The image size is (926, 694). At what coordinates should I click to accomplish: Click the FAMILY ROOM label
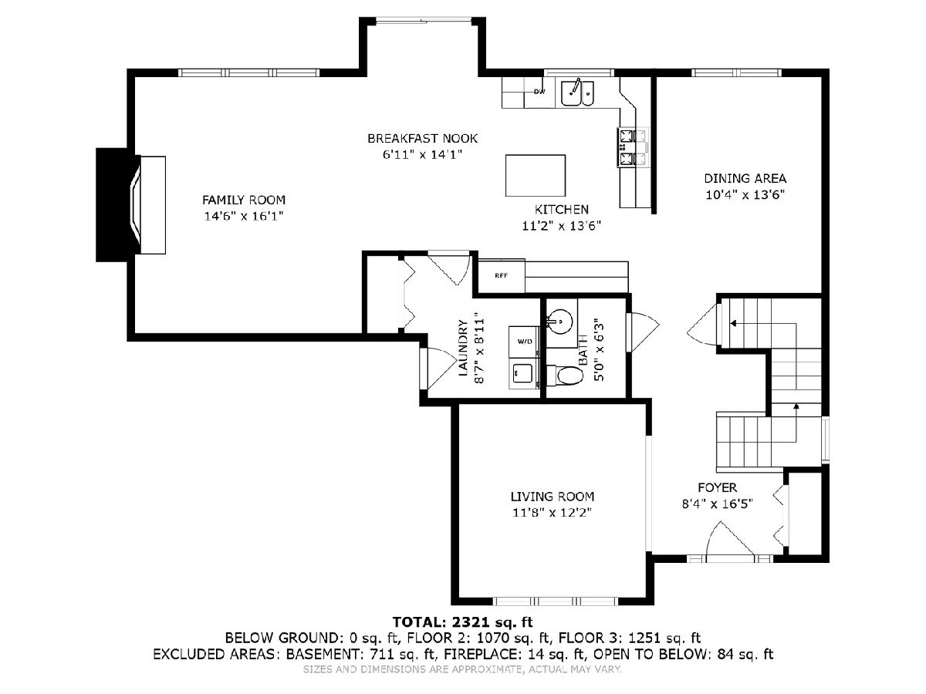coord(243,200)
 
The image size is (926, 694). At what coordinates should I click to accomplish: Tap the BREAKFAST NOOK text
coord(422,138)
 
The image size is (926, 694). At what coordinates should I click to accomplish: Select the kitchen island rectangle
coord(536,175)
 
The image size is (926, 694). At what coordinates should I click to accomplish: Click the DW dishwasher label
coord(539,92)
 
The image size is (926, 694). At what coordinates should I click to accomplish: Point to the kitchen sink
coord(577,93)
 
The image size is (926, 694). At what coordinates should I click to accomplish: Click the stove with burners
coord(632,147)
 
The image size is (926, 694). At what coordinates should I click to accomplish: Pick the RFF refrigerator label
coord(501,275)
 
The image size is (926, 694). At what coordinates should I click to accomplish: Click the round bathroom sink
coord(559,322)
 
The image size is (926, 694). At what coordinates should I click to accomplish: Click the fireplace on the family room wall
coord(130,205)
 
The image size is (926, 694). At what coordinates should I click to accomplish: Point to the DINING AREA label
coord(745,179)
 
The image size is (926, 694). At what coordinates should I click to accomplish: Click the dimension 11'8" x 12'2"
coord(553,512)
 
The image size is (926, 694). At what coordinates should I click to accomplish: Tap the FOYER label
coord(717,487)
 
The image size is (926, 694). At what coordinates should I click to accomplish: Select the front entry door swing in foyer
coord(730,539)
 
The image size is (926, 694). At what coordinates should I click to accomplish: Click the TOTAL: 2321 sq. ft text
coord(463,622)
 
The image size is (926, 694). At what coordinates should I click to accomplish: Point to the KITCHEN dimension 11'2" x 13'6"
coord(562,226)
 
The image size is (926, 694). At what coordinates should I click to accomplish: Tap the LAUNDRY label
coord(463,348)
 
